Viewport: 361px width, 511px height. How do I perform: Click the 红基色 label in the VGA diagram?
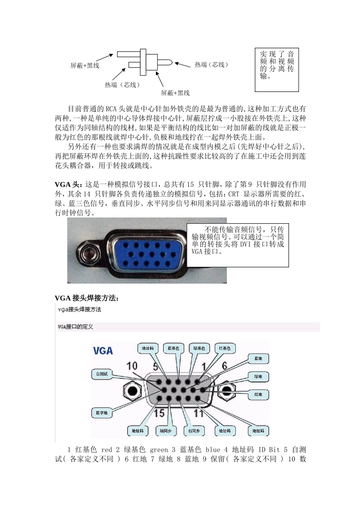tap(225, 348)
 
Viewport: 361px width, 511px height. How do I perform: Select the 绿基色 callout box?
tap(199, 348)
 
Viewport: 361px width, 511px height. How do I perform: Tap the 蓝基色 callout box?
tap(174, 348)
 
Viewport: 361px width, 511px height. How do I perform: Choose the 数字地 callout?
tap(101, 413)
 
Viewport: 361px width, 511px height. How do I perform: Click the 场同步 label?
tap(166, 431)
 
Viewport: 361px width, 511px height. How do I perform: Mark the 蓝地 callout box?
tap(258, 359)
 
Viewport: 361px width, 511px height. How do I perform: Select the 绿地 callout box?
tap(258, 376)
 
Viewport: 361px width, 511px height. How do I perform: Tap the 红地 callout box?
tap(258, 394)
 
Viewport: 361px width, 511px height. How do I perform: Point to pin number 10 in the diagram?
tap(131, 366)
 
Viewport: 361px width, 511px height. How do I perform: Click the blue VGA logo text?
tap(103, 350)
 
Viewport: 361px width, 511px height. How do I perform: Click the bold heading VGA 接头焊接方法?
tap(87, 298)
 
